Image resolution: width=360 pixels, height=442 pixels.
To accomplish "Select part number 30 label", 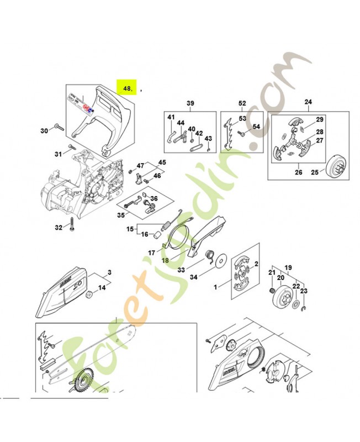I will click(44, 131).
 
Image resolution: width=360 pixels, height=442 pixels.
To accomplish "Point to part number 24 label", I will click(308, 102).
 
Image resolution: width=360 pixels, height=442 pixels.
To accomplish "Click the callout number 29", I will click(319, 120).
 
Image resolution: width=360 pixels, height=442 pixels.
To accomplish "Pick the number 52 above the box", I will click(242, 103).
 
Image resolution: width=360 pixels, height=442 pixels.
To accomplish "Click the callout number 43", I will click(208, 138).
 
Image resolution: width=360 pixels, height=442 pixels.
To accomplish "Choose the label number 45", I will click(162, 162).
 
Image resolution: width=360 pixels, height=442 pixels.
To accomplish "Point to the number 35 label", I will click(120, 215).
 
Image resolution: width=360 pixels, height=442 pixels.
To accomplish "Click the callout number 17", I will click(151, 253).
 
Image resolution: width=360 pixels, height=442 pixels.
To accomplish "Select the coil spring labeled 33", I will click(210, 256).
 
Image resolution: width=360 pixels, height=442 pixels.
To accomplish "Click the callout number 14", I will click(102, 288).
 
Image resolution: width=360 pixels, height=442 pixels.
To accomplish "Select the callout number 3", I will click(109, 272).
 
